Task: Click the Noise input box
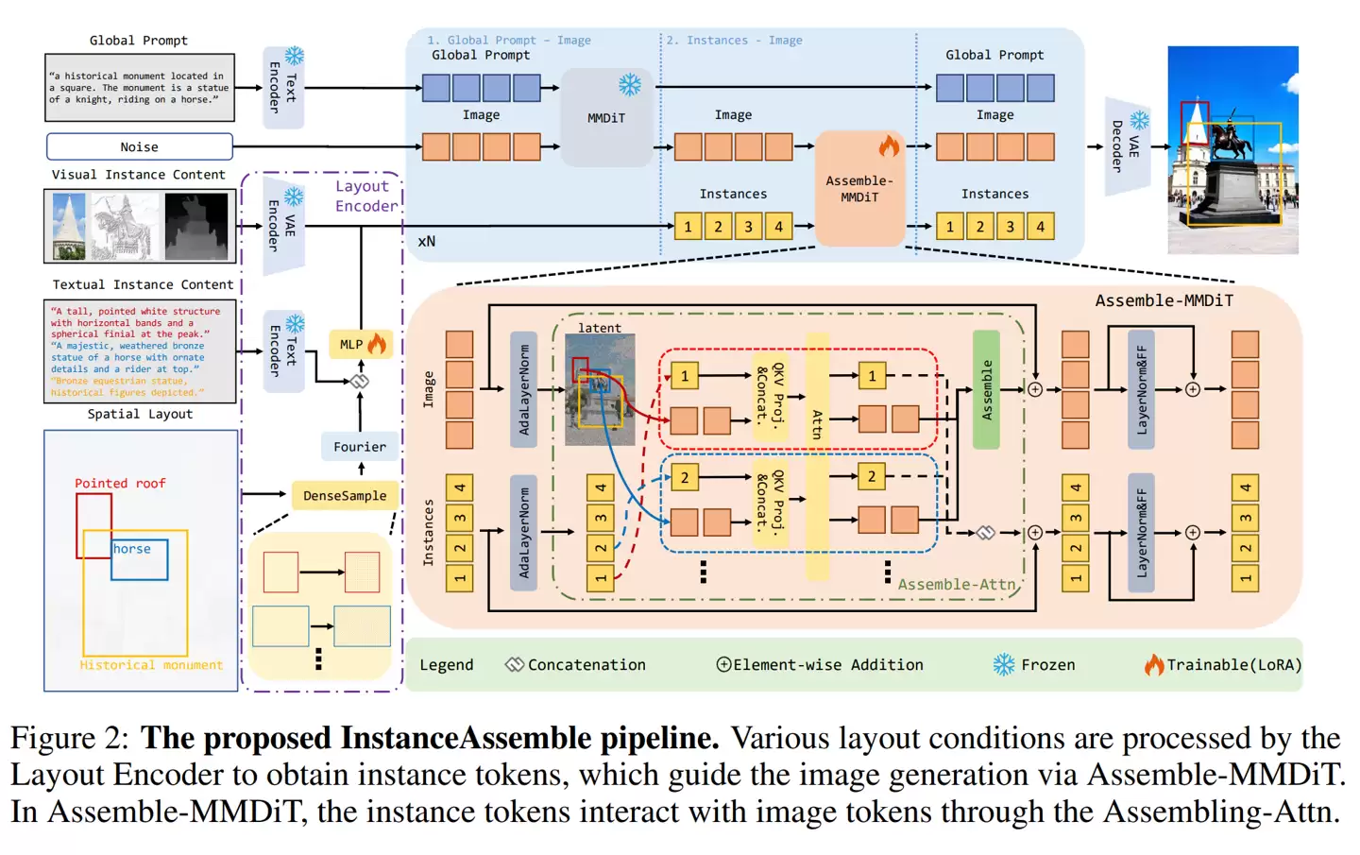point(139,146)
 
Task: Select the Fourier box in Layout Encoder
point(359,447)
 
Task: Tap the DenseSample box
point(344,495)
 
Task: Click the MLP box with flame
point(359,344)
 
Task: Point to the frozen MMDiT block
point(606,116)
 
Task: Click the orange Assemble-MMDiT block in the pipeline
point(858,188)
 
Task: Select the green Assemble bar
point(986,389)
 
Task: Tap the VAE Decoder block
point(1126,146)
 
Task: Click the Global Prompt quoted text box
point(139,87)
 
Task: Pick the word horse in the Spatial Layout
point(132,549)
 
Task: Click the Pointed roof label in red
point(120,483)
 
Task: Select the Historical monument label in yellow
point(151,665)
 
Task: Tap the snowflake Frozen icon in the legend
point(1003,664)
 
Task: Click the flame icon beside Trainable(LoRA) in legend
point(1153,664)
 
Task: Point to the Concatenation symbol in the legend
point(514,664)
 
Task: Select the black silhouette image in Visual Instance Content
point(196,225)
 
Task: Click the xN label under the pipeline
point(427,241)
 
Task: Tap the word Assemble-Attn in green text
point(956,585)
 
